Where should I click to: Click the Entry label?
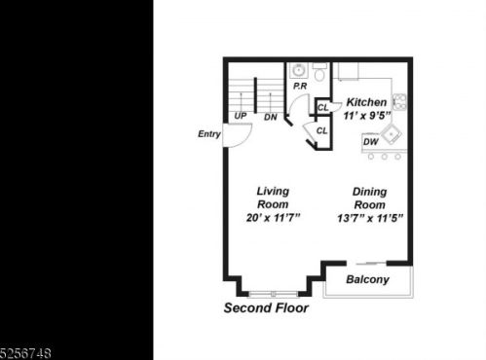209,134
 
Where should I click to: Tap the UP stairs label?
241,116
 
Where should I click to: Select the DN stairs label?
271,117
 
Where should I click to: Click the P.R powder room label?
300,87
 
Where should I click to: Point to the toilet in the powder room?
320,72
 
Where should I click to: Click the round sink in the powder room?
298,70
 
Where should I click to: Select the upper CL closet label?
322,107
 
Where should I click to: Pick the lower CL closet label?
321,130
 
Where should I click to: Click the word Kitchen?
366,102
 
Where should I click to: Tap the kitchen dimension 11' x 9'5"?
367,116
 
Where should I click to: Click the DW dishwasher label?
371,142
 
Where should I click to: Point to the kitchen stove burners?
399,101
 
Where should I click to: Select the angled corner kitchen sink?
392,134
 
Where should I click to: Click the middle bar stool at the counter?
385,157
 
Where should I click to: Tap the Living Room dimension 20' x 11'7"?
273,218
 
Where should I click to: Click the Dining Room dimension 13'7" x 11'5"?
370,218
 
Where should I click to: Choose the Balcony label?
367,279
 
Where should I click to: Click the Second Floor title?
266,307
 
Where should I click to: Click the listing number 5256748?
25,353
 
